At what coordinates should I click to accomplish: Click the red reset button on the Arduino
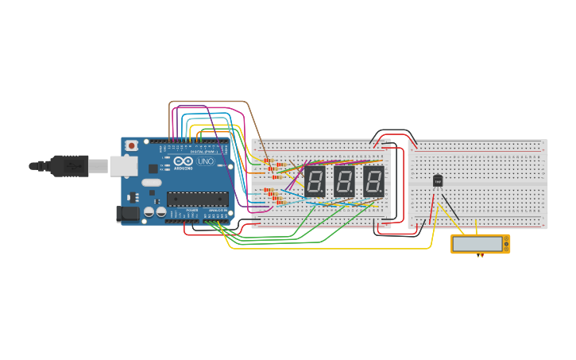(x=131, y=145)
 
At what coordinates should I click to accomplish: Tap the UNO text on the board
(x=206, y=161)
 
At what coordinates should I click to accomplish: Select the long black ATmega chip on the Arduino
(x=197, y=199)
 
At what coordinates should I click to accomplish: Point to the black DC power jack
(x=127, y=213)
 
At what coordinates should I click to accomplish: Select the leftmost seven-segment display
(x=315, y=181)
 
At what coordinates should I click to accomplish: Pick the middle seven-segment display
(x=344, y=181)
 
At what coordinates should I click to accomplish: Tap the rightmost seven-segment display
(x=373, y=181)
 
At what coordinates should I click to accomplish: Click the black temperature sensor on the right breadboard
(x=438, y=180)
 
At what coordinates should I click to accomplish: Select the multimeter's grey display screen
(x=477, y=244)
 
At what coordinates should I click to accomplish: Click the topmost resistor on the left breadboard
(x=267, y=161)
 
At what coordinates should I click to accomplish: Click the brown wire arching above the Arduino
(x=207, y=102)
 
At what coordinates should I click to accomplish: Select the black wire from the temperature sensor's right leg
(x=450, y=207)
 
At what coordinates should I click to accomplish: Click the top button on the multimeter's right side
(x=507, y=239)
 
